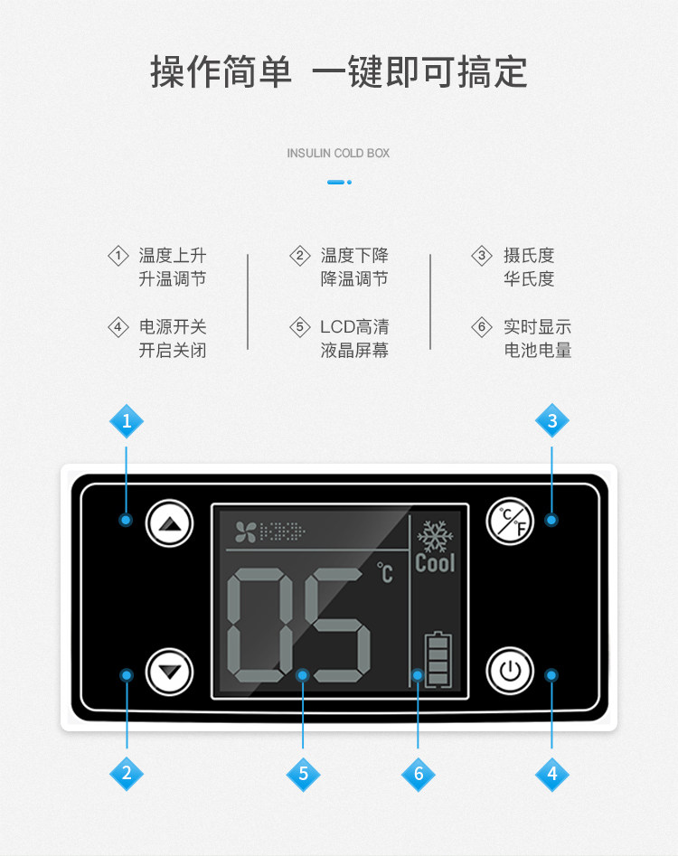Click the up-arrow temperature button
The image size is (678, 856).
click(170, 522)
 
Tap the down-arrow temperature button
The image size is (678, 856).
click(170, 672)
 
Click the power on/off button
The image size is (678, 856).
click(510, 672)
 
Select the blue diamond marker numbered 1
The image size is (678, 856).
click(127, 420)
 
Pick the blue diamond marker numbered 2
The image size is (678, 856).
click(127, 773)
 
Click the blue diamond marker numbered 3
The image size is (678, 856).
click(552, 420)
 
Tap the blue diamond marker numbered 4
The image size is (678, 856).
click(552, 773)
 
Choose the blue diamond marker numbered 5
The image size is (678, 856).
click(303, 773)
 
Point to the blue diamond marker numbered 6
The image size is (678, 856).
click(418, 773)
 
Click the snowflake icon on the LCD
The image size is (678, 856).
click(435, 536)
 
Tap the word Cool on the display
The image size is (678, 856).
click(435, 563)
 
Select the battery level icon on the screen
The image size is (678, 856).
click(438, 661)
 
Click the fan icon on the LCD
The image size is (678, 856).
click(245, 531)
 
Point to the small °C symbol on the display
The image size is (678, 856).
click(386, 572)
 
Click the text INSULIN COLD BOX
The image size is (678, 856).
click(338, 153)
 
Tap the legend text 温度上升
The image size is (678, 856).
click(172, 256)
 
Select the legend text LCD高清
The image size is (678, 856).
click(354, 326)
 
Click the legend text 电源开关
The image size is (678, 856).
click(172, 326)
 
